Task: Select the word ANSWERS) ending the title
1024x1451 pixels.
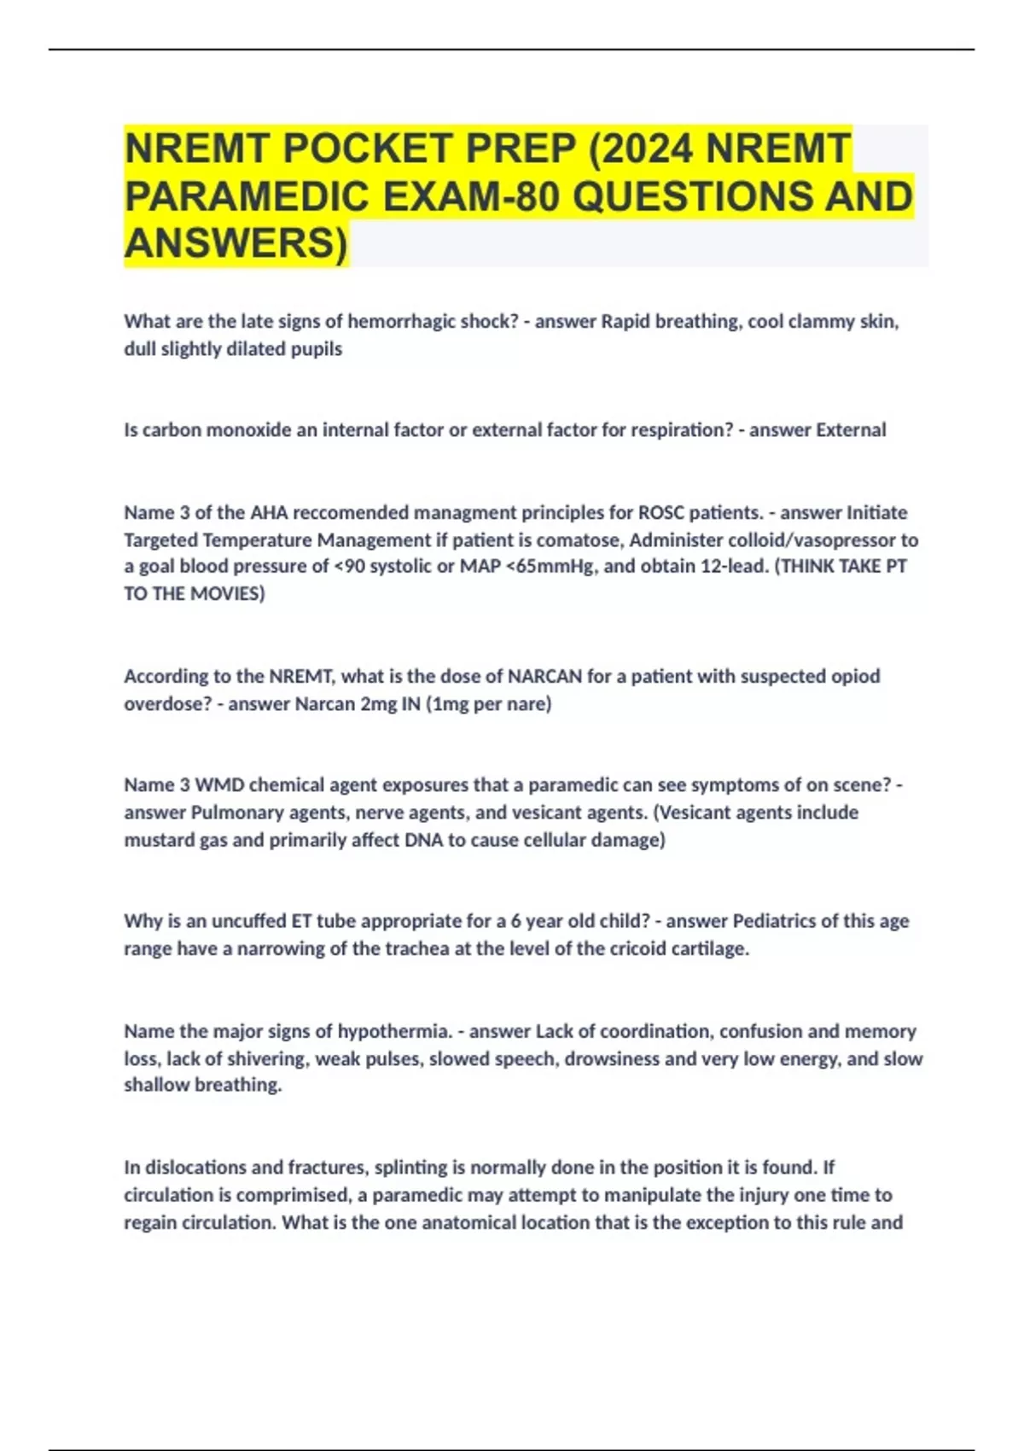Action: [x=236, y=243]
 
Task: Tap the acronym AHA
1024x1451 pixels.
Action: [x=269, y=513]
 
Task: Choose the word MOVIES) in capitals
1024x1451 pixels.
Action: [x=229, y=594]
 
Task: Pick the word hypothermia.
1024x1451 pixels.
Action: [x=393, y=1032]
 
